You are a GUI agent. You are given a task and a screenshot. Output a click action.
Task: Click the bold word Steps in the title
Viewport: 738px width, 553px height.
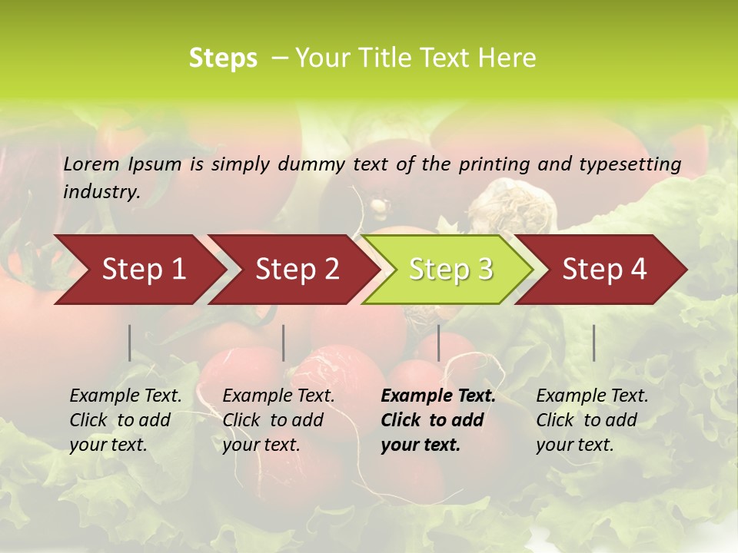[x=223, y=58]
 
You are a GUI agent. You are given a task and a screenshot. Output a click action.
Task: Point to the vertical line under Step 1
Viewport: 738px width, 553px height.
[x=130, y=343]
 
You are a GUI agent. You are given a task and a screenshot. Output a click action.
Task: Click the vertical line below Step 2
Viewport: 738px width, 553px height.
[x=284, y=343]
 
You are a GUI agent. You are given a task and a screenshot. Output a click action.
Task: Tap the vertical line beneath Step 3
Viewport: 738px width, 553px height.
[x=439, y=343]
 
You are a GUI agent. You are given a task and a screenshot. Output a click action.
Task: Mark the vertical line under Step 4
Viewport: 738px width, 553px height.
[x=594, y=343]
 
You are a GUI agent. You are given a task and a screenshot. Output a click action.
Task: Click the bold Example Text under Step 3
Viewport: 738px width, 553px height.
[x=438, y=396]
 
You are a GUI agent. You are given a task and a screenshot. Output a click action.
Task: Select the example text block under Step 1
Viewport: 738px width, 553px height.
[x=125, y=420]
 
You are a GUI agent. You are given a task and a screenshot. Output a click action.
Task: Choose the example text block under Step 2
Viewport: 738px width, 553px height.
[x=278, y=420]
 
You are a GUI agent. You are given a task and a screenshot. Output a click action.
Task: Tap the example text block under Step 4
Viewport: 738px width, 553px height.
[x=592, y=420]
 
